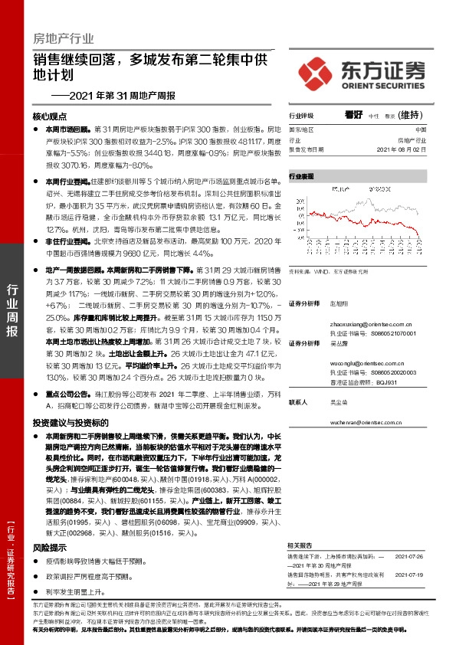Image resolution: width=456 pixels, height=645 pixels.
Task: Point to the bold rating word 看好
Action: click(x=353, y=116)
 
